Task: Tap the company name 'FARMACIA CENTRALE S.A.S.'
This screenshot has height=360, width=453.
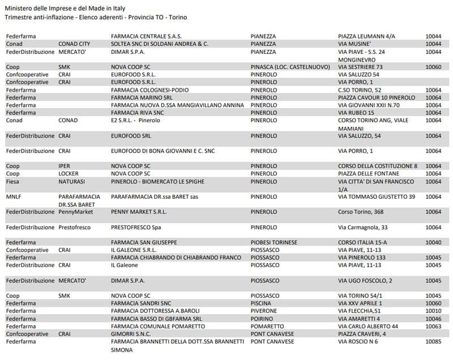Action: pos(146,36)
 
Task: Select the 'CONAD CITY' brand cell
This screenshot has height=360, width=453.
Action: pos(74,44)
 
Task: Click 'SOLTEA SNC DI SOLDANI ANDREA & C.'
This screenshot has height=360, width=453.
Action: pos(160,44)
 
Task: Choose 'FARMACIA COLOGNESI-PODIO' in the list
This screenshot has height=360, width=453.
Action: pos(150,90)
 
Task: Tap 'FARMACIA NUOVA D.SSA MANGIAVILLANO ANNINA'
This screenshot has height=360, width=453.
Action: pos(177,105)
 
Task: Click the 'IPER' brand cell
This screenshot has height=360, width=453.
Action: pos(65,166)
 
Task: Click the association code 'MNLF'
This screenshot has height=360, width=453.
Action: pos(14,196)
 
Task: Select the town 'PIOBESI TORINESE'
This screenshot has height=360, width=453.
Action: pos(273,242)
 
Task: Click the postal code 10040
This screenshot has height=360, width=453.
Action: pos(433,242)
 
